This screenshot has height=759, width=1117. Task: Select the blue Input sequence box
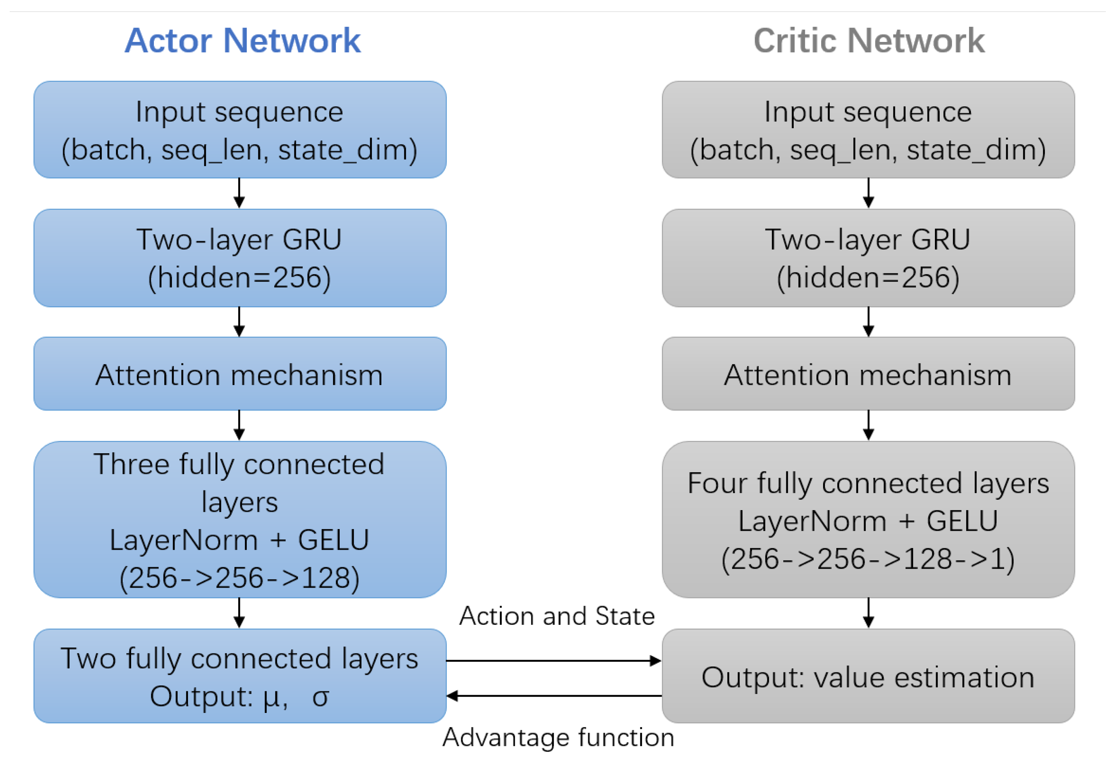[x=240, y=130]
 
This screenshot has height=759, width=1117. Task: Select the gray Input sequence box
[x=868, y=130]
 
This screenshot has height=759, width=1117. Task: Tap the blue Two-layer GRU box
[x=240, y=258]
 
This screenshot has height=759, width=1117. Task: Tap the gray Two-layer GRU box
[x=868, y=258]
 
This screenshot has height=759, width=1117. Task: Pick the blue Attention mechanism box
[x=240, y=374]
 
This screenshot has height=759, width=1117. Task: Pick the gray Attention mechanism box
[x=868, y=374]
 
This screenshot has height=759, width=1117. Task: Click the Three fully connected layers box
[x=240, y=520]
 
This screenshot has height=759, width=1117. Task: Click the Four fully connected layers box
[x=868, y=520]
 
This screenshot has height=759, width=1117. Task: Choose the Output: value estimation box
[x=868, y=676]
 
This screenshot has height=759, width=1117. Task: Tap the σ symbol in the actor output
[x=320, y=697]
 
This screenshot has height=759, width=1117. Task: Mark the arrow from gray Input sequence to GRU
[x=868, y=193]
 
